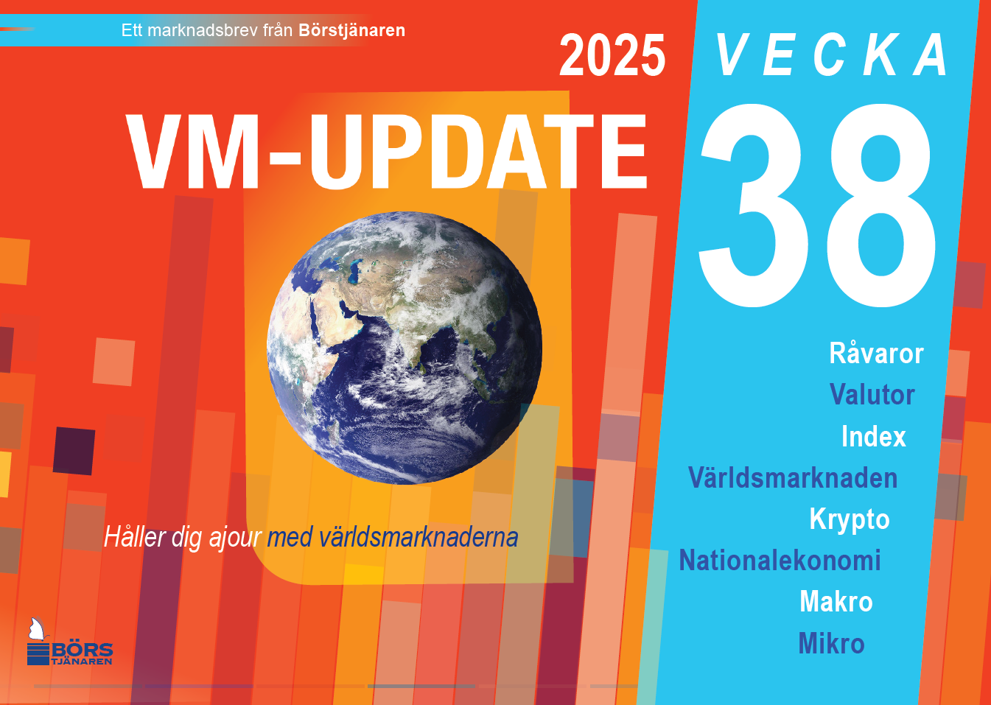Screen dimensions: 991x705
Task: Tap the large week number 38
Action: (x=816, y=206)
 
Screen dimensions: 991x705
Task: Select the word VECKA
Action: (x=831, y=55)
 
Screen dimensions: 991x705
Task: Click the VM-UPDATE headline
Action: (x=386, y=152)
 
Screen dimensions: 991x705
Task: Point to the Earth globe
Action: (x=405, y=348)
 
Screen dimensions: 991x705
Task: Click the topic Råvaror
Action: (x=876, y=354)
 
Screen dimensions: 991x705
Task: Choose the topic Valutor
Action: (x=872, y=394)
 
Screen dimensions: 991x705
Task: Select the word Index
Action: (x=874, y=436)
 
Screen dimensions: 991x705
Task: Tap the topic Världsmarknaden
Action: (x=793, y=477)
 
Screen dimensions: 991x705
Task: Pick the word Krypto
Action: (x=850, y=520)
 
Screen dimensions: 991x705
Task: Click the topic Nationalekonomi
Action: (x=780, y=561)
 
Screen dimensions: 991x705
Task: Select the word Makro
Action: (x=836, y=602)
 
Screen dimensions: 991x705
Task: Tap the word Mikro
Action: (x=832, y=643)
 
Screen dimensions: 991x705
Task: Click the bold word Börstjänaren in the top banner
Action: (x=351, y=30)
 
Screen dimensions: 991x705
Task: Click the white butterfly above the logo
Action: (x=38, y=629)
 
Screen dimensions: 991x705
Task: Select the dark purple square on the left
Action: (x=74, y=451)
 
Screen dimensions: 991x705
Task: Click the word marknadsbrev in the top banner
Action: (x=203, y=30)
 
